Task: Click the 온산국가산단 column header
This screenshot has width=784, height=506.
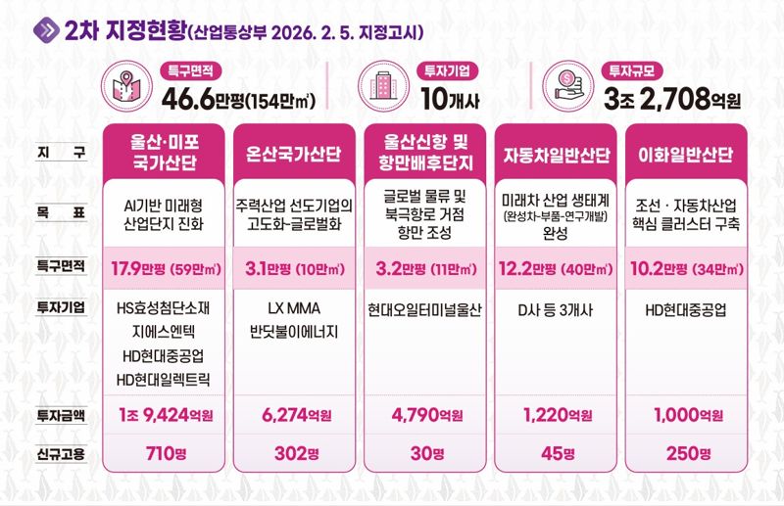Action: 294,155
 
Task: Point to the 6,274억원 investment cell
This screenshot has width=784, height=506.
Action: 294,416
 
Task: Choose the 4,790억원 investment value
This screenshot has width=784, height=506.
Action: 426,416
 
